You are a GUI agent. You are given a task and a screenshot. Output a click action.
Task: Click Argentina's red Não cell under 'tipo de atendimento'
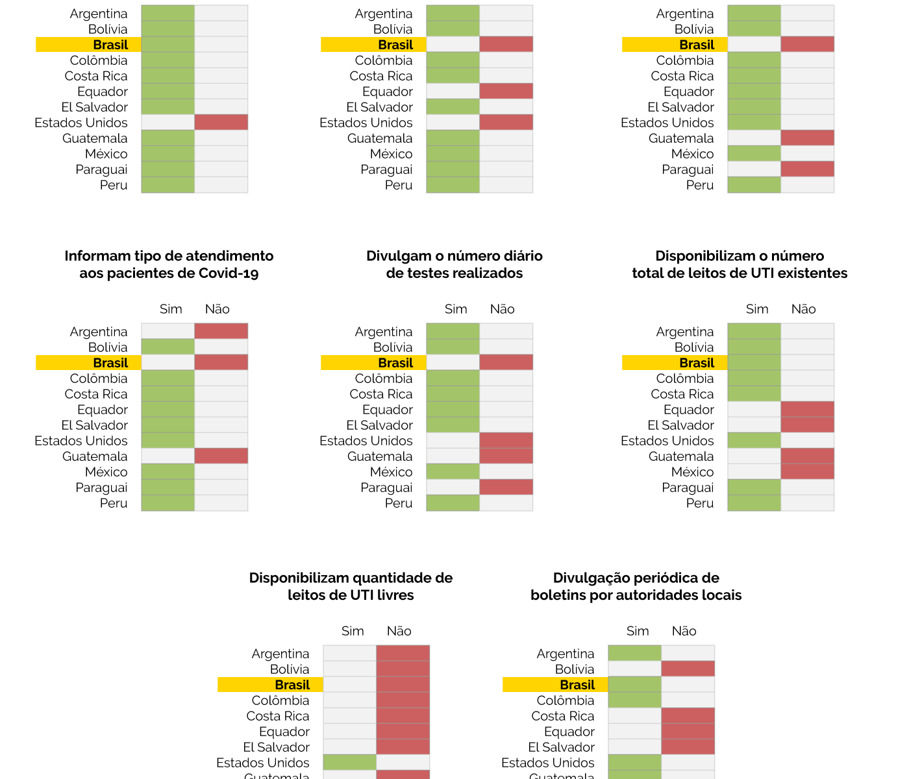[221, 331]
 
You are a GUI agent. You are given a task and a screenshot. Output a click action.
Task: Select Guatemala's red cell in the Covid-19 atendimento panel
[221, 456]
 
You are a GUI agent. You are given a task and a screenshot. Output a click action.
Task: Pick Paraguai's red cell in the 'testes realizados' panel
[506, 487]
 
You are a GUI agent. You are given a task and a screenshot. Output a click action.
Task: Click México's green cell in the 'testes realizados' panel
[453, 471]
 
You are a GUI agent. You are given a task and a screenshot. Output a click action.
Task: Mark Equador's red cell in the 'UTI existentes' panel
[807, 409]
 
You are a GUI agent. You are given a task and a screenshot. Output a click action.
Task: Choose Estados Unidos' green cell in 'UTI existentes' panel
[754, 440]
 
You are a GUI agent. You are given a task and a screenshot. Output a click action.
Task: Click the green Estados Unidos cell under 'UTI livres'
[349, 762]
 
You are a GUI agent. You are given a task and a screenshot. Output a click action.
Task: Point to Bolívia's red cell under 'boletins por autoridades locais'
[688, 669]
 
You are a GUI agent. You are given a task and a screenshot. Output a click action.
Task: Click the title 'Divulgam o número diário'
[454, 256]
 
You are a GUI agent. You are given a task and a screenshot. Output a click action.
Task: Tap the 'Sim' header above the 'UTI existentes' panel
[757, 309]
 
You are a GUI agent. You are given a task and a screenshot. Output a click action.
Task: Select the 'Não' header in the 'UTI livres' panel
[399, 631]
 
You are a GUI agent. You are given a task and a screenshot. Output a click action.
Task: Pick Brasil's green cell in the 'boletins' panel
[634, 684]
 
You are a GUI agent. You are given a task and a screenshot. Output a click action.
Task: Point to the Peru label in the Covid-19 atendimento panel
[114, 503]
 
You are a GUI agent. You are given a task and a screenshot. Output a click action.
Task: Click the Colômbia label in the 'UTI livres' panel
[280, 700]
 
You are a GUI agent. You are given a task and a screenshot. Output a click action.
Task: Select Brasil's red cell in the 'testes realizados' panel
[506, 362]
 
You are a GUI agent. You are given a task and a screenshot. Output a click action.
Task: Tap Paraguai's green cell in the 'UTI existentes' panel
[754, 487]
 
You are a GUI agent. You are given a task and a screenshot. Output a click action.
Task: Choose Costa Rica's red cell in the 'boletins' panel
[688, 715]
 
